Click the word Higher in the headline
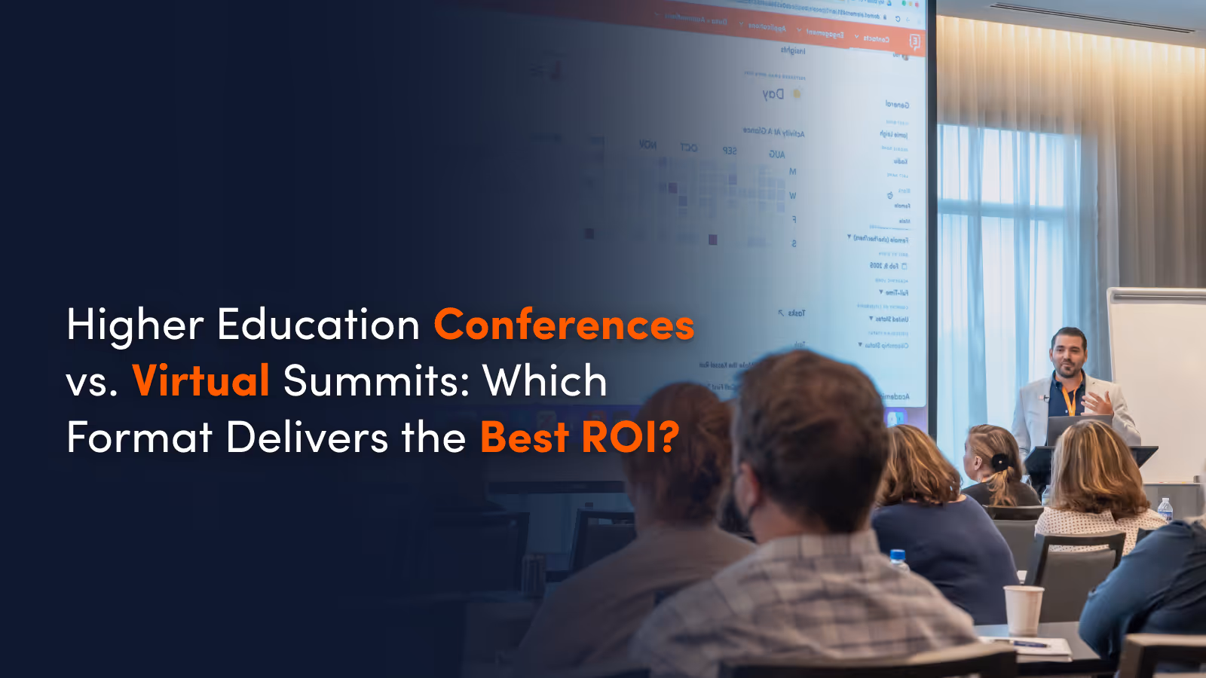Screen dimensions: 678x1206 pyautogui.click(x=135, y=325)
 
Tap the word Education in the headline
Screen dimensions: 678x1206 pyautogui.click(x=318, y=325)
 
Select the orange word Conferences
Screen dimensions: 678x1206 pyautogui.click(x=564, y=325)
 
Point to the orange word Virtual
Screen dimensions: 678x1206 pyautogui.click(x=200, y=380)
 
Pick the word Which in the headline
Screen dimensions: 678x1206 pyautogui.click(x=545, y=380)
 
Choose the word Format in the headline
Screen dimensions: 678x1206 pyautogui.click(x=139, y=437)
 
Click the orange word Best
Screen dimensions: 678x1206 pyautogui.click(x=525, y=437)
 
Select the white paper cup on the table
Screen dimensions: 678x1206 pyautogui.click(x=1023, y=609)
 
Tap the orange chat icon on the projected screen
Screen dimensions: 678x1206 pyautogui.click(x=914, y=41)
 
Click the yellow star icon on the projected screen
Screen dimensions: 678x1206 pyautogui.click(x=797, y=94)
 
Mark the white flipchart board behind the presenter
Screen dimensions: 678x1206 pyautogui.click(x=1156, y=377)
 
